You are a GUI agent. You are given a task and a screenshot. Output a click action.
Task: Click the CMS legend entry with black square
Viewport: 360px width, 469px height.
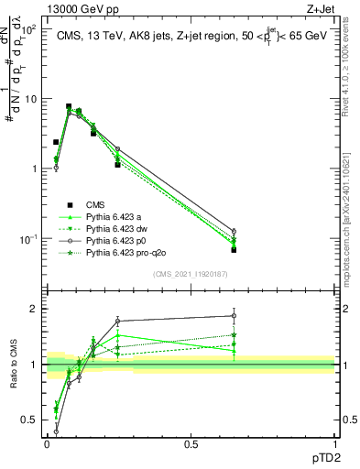coord(96,204)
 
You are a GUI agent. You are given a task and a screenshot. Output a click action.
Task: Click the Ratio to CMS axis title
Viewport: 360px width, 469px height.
coord(12,365)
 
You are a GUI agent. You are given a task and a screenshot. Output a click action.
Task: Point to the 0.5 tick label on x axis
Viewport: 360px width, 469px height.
coord(191,442)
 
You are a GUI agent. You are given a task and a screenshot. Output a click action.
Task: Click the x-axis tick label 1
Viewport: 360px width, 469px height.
coord(334,442)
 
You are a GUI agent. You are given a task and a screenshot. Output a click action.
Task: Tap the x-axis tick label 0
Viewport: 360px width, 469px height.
coord(48,442)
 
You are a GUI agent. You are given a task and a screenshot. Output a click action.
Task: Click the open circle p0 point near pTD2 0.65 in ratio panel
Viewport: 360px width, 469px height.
coord(234,316)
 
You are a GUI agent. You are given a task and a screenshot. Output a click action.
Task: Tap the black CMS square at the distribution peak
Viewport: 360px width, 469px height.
coord(69,106)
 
